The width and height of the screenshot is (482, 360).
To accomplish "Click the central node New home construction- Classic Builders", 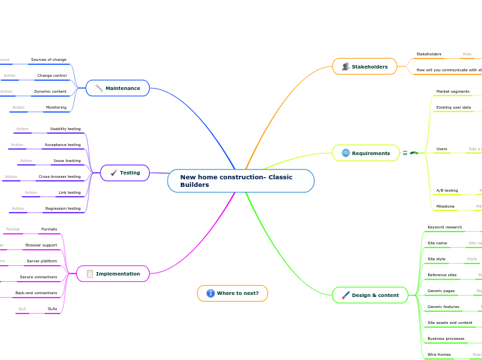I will tap(240, 181).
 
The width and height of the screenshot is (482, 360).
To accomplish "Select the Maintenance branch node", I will tap(118, 88).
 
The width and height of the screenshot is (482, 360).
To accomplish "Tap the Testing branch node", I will tap(125, 172).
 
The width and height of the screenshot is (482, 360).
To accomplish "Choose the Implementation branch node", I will tap(112, 273).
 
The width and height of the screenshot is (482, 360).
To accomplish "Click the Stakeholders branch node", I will tap(364, 66).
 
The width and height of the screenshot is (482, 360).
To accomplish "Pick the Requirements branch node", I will tap(366, 153).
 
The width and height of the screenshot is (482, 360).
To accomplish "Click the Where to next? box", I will tap(233, 293).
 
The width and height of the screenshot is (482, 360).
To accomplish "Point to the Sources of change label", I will tap(48, 60).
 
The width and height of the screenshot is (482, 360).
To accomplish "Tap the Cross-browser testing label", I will tap(60, 177).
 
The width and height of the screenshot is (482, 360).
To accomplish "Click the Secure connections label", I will tap(38, 277).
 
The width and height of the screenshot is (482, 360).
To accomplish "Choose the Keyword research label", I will tap(445, 227).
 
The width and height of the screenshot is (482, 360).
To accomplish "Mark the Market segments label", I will tap(452, 91).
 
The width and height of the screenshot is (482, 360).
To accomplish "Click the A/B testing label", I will tap(447, 190).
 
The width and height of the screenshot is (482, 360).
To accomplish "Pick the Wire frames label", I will tap(439, 354).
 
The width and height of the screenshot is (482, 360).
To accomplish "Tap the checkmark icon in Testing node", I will tap(114, 172).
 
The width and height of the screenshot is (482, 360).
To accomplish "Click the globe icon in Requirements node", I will tap(346, 153).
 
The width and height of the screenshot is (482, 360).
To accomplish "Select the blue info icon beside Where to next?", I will tap(211, 293).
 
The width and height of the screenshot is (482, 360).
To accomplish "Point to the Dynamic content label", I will tap(50, 91).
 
